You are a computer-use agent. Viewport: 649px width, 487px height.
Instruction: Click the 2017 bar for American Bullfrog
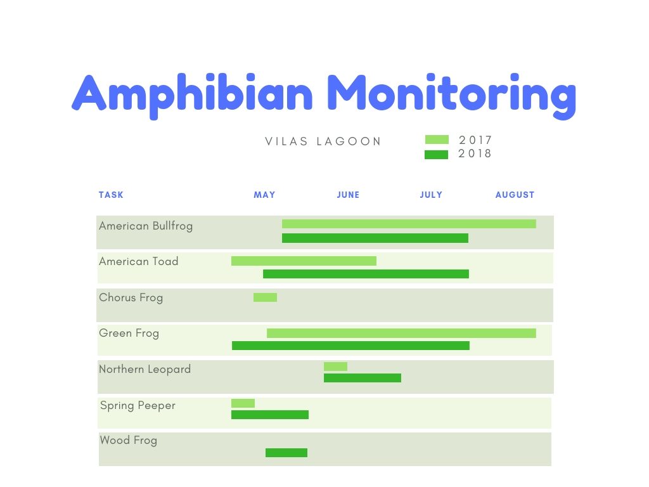pyautogui.click(x=409, y=224)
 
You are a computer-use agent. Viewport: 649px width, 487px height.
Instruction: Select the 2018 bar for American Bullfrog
pyautogui.click(x=375, y=238)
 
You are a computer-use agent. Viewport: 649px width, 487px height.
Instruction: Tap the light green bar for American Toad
pyautogui.click(x=304, y=261)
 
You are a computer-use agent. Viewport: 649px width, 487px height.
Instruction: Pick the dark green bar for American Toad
pyautogui.click(x=366, y=274)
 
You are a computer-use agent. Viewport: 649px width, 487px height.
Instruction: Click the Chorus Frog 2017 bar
pyautogui.click(x=266, y=297)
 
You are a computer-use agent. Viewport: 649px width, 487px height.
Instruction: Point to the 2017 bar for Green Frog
pyautogui.click(x=401, y=334)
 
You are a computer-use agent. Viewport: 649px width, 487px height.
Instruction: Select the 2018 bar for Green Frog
pyautogui.click(x=350, y=346)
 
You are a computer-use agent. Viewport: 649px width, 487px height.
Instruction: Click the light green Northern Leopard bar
pyautogui.click(x=336, y=367)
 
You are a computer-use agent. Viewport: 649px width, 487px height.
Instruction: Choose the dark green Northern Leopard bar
pyautogui.click(x=363, y=378)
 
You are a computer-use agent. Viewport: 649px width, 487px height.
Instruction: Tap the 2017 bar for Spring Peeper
pyautogui.click(x=243, y=403)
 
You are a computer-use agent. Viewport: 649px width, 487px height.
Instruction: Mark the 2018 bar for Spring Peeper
pyautogui.click(x=270, y=415)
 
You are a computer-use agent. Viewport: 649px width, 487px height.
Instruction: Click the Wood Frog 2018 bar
pyautogui.click(x=286, y=453)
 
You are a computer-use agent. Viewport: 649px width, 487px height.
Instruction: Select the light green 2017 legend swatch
pyautogui.click(x=437, y=140)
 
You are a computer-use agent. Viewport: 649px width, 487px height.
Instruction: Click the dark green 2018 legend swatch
pyautogui.click(x=436, y=155)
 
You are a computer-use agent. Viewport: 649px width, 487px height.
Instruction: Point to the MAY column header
pyautogui.click(x=264, y=195)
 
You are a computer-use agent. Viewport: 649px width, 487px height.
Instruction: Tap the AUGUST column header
pyautogui.click(x=515, y=195)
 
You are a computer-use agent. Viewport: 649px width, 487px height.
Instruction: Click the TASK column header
pyautogui.click(x=111, y=195)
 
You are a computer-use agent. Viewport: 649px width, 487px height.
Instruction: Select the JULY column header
pyautogui.click(x=431, y=195)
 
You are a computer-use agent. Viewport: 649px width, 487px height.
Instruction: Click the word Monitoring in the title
pyautogui.click(x=451, y=95)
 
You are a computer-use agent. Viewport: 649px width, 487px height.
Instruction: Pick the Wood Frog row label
pyautogui.click(x=128, y=440)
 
